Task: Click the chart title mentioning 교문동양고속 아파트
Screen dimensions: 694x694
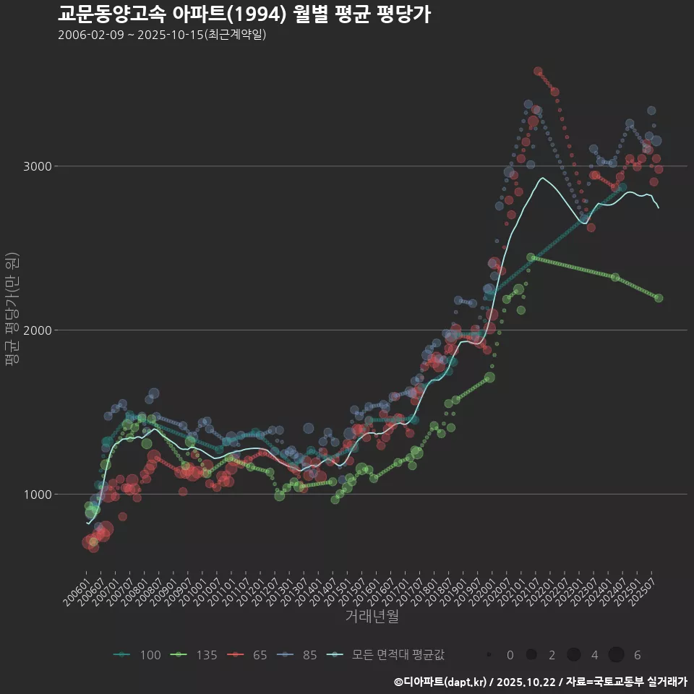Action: pyautogui.click(x=244, y=14)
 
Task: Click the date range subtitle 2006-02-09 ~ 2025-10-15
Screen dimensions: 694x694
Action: pyautogui.click(x=162, y=35)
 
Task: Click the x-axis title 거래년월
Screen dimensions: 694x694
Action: pyautogui.click(x=372, y=616)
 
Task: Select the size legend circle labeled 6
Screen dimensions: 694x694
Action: pyautogui.click(x=616, y=655)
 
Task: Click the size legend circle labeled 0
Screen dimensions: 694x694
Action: pyautogui.click(x=489, y=655)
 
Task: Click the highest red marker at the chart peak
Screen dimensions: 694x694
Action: pyautogui.click(x=538, y=72)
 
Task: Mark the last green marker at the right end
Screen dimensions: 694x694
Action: pyautogui.click(x=659, y=298)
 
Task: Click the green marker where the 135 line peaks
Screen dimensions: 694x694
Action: pyautogui.click(x=531, y=257)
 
